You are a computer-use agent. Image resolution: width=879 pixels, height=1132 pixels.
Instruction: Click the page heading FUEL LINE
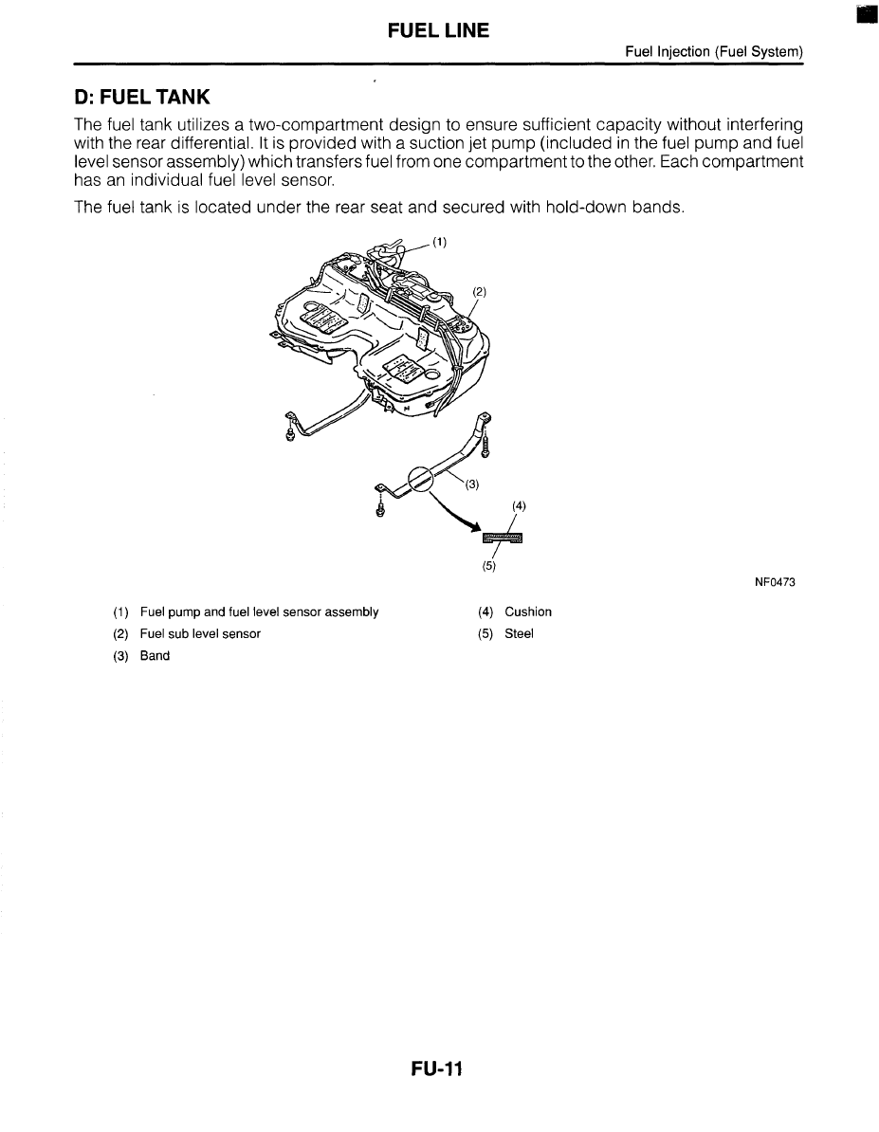(438, 30)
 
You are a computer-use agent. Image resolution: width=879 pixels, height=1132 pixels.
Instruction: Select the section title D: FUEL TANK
(142, 98)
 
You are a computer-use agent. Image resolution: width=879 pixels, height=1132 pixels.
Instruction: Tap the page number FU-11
(437, 1069)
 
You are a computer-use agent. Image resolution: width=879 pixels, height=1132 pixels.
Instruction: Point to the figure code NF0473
(775, 582)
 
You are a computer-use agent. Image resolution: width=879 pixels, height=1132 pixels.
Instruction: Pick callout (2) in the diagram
(479, 292)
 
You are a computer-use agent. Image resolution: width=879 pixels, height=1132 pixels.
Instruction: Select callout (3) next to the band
(471, 484)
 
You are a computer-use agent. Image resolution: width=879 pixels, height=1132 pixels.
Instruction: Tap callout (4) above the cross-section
(518, 506)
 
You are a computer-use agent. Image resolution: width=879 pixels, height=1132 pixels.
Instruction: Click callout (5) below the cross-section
(488, 568)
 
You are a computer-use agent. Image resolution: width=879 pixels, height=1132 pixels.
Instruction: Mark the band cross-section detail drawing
(503, 539)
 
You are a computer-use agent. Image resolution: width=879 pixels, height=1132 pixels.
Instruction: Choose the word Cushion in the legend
(528, 612)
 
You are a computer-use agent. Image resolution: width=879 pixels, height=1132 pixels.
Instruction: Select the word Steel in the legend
(519, 633)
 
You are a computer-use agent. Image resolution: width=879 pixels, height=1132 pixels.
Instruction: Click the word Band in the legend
(155, 655)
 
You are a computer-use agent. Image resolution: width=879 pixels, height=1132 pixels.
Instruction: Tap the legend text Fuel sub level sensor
(200, 633)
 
